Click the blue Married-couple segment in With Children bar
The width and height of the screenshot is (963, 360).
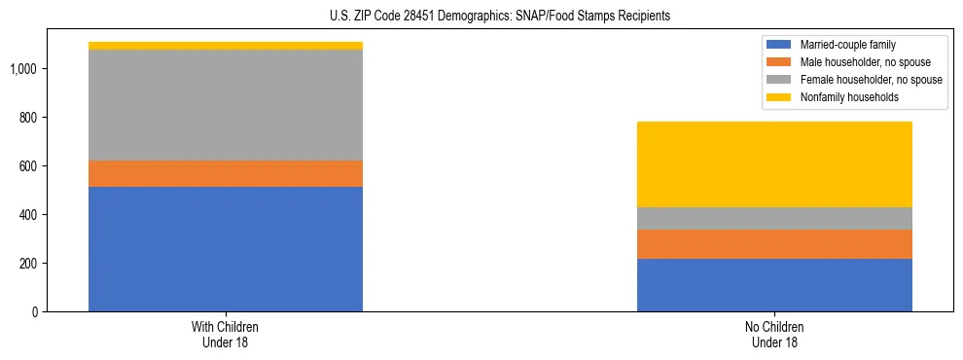point(226,248)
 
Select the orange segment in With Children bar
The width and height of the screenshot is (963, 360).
point(226,173)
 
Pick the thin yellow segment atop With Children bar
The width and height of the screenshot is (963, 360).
point(226,46)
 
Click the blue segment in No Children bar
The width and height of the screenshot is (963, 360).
point(774,285)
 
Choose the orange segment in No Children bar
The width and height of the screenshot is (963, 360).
point(774,244)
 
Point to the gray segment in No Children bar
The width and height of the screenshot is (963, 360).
point(774,218)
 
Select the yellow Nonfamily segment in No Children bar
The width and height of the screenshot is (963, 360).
point(774,164)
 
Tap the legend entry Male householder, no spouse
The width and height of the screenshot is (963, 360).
point(857,62)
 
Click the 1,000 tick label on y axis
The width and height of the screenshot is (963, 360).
point(24,69)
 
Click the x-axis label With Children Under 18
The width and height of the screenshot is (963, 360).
point(226,335)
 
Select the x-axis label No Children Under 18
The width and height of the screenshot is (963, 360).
point(774,335)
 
